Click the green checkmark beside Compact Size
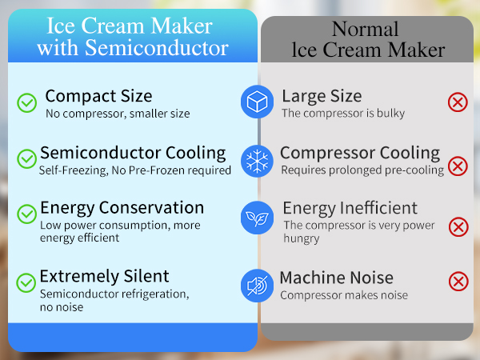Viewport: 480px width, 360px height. (x=27, y=102)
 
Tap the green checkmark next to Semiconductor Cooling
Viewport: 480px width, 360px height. (x=27, y=157)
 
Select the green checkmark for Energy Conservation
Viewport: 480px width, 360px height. (x=27, y=214)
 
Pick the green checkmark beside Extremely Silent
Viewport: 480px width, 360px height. (x=27, y=282)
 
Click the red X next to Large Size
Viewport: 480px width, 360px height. (x=458, y=102)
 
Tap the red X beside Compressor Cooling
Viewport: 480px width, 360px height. (x=458, y=166)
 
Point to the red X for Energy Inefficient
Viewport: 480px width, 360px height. (x=458, y=226)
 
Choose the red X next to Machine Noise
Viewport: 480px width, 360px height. (x=458, y=282)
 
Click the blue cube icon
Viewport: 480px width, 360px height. (x=258, y=102)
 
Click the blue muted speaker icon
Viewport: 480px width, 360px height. (x=258, y=285)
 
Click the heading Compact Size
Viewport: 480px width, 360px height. (x=98, y=96)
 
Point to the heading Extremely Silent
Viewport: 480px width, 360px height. (x=105, y=276)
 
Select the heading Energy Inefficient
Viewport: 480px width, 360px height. (x=350, y=209)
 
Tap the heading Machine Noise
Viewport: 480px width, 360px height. (x=336, y=278)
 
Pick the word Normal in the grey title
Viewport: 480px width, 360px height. (x=365, y=30)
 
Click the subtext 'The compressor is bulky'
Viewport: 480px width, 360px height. (x=343, y=114)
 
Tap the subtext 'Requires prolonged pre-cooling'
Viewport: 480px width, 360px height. (x=362, y=170)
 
